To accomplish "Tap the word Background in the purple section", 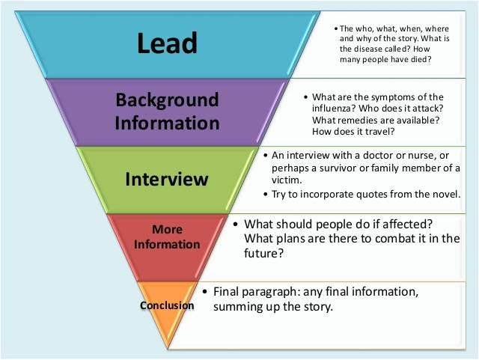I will (x=167, y=100).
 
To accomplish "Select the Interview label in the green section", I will (x=166, y=179).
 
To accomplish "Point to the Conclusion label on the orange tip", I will (x=167, y=305).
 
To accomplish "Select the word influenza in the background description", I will (x=334, y=109).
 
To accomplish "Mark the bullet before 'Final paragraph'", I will (x=205, y=291).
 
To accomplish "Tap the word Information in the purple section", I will (x=167, y=123).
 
